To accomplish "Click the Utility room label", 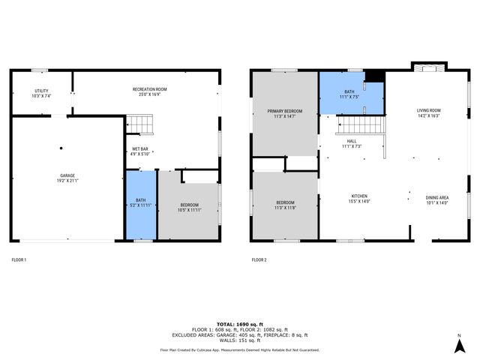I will coord(40,93).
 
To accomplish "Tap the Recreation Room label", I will coord(149,91).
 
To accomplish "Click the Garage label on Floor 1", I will coord(67,178).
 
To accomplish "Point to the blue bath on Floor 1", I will coord(140,205).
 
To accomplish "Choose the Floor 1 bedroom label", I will coord(189,208).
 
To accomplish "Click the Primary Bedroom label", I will coord(284,113).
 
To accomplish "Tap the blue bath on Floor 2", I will coord(351,94).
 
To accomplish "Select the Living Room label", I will coord(428,113).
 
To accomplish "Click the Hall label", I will coord(351,143).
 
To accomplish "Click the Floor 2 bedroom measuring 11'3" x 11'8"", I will coord(284,205).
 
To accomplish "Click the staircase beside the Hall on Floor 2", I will coord(363,125).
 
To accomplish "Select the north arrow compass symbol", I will coord(458,344).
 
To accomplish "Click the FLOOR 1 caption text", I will coord(19,259).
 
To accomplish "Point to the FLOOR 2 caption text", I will coord(258,259).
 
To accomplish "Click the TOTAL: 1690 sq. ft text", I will coord(239,322).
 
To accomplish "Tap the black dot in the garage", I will coord(62,148).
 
